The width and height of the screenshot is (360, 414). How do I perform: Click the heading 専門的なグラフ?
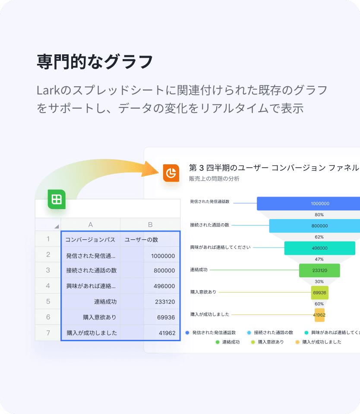click(95, 62)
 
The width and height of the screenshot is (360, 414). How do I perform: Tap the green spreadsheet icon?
click(57, 199)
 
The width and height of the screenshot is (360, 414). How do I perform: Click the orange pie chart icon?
click(171, 173)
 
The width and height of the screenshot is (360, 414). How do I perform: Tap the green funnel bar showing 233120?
click(319, 270)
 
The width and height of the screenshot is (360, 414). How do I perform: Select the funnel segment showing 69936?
click(319, 292)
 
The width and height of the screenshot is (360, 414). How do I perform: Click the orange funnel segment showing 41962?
click(319, 315)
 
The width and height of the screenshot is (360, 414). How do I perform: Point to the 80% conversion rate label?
click(319, 214)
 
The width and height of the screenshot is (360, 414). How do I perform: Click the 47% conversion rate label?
click(319, 259)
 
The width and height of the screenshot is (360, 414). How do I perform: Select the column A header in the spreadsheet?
click(90, 224)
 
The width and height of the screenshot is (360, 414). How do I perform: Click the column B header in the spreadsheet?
click(150, 224)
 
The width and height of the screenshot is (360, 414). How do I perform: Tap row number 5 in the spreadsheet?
click(48, 301)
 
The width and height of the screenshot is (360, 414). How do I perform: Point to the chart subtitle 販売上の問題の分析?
click(214, 179)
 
